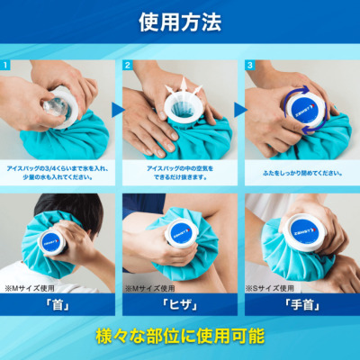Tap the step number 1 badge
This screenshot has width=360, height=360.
(7, 65)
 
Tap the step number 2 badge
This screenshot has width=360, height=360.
(128, 65)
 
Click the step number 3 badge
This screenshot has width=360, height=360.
(249, 65)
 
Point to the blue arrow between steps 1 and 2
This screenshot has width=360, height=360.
(117, 109)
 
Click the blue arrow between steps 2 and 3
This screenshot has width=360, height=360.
(239, 109)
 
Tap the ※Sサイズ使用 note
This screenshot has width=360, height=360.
(269, 289)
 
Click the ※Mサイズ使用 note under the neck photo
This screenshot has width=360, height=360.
(27, 289)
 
